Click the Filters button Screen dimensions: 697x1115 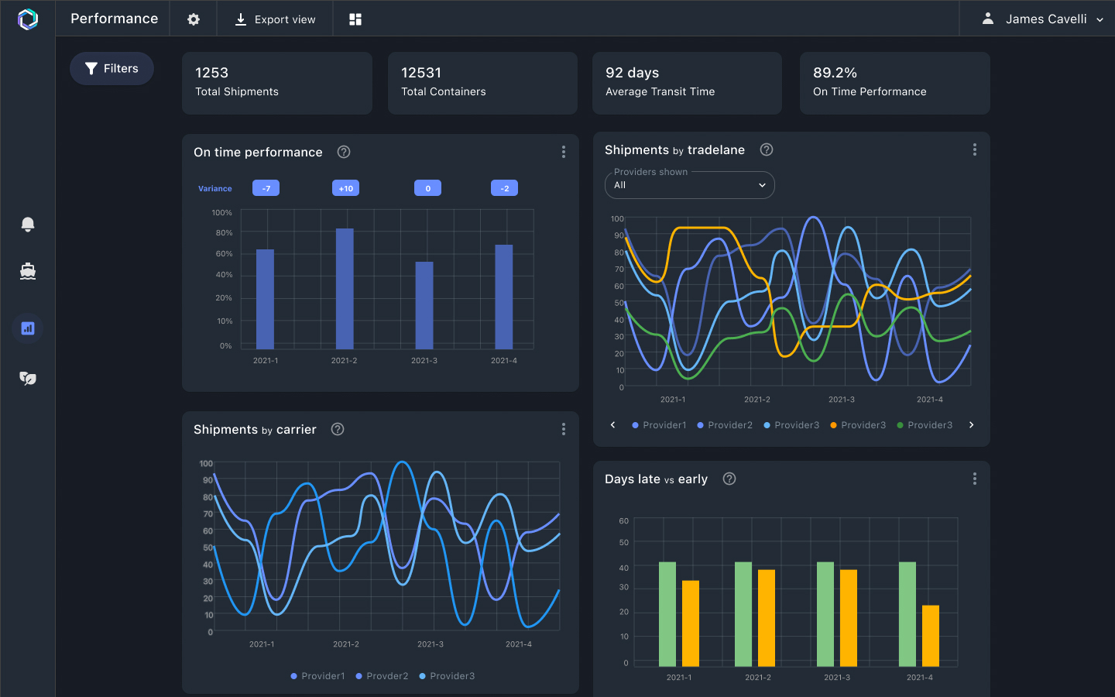coord(111,69)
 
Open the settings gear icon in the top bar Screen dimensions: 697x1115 coord(194,19)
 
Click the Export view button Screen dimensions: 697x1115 coord(275,19)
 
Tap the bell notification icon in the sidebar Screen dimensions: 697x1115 coord(28,225)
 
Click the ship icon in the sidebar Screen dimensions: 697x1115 coord(28,271)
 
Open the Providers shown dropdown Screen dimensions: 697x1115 coord(689,185)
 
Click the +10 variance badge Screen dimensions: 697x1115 coord(345,188)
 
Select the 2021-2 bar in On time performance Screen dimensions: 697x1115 coord(345,289)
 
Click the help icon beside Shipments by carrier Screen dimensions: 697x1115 coord(338,429)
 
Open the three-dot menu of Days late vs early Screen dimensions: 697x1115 coord(974,479)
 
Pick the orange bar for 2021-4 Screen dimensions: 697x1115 coord(930,635)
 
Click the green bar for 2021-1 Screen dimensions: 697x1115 coord(667,613)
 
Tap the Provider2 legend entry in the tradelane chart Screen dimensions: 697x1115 coord(725,425)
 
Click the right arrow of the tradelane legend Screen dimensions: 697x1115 coord(971,425)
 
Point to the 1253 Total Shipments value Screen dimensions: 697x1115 coord(211,73)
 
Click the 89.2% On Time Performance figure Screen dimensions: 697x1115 coord(835,73)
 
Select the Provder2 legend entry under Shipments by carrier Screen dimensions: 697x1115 coord(382,676)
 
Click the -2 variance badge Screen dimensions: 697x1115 coord(504,188)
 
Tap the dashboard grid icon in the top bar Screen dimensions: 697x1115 coord(355,19)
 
